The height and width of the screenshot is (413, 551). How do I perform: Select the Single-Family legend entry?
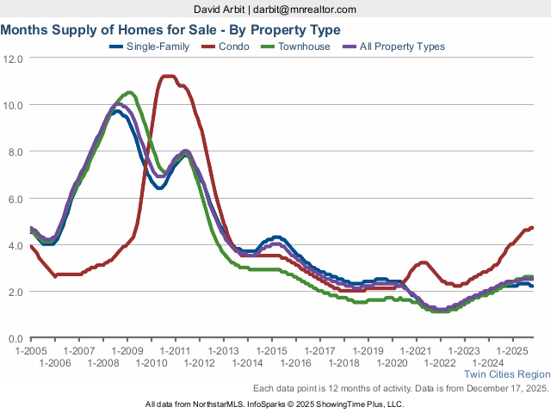pos(160,46)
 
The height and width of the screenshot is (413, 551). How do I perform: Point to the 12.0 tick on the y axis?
pos(13,59)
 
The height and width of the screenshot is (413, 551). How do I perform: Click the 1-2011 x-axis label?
pos(175,351)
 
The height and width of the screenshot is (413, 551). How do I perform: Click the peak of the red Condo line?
pos(168,77)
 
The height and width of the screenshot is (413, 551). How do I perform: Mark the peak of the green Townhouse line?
pos(129,92)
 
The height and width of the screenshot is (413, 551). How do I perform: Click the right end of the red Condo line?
pos(533,227)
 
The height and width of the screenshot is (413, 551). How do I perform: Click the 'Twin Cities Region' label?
pos(507,374)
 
